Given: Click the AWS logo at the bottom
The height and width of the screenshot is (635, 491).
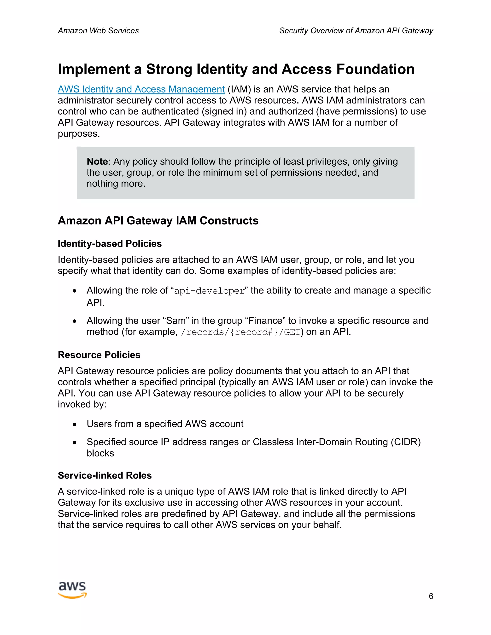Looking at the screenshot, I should (72, 590).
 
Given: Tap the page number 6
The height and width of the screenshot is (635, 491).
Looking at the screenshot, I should (431, 596).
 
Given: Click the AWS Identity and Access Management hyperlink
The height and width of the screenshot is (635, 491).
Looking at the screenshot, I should (141, 89).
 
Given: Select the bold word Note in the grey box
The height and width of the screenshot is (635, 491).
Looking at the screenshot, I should (97, 161).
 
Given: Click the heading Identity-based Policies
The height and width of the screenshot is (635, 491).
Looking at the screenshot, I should (110, 244).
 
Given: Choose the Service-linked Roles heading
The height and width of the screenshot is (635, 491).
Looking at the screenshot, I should (105, 475).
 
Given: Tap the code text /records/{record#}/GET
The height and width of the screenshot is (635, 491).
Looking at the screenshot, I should (240, 332).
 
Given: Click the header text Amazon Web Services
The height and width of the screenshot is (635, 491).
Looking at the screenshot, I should (98, 30).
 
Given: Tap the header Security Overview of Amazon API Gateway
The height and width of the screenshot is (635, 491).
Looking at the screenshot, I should (356, 30).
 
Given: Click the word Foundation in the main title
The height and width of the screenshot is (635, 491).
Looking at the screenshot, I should (375, 69).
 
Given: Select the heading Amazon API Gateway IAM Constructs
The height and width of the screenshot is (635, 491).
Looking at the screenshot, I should (158, 221).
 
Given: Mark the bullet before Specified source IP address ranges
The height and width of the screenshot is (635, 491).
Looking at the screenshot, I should (75, 443).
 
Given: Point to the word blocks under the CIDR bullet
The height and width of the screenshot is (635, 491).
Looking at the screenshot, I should (100, 453).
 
